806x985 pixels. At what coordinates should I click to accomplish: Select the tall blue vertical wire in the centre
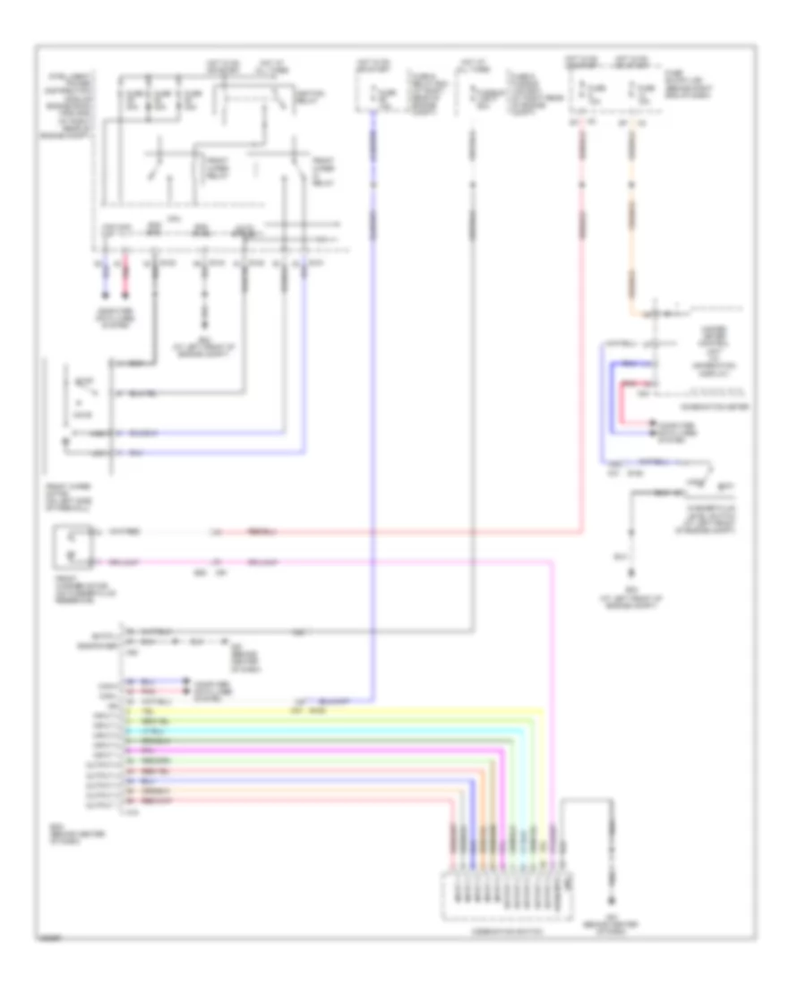[372, 403]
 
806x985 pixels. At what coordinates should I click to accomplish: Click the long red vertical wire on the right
[582, 358]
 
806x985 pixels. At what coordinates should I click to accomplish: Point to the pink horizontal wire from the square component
[358, 562]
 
